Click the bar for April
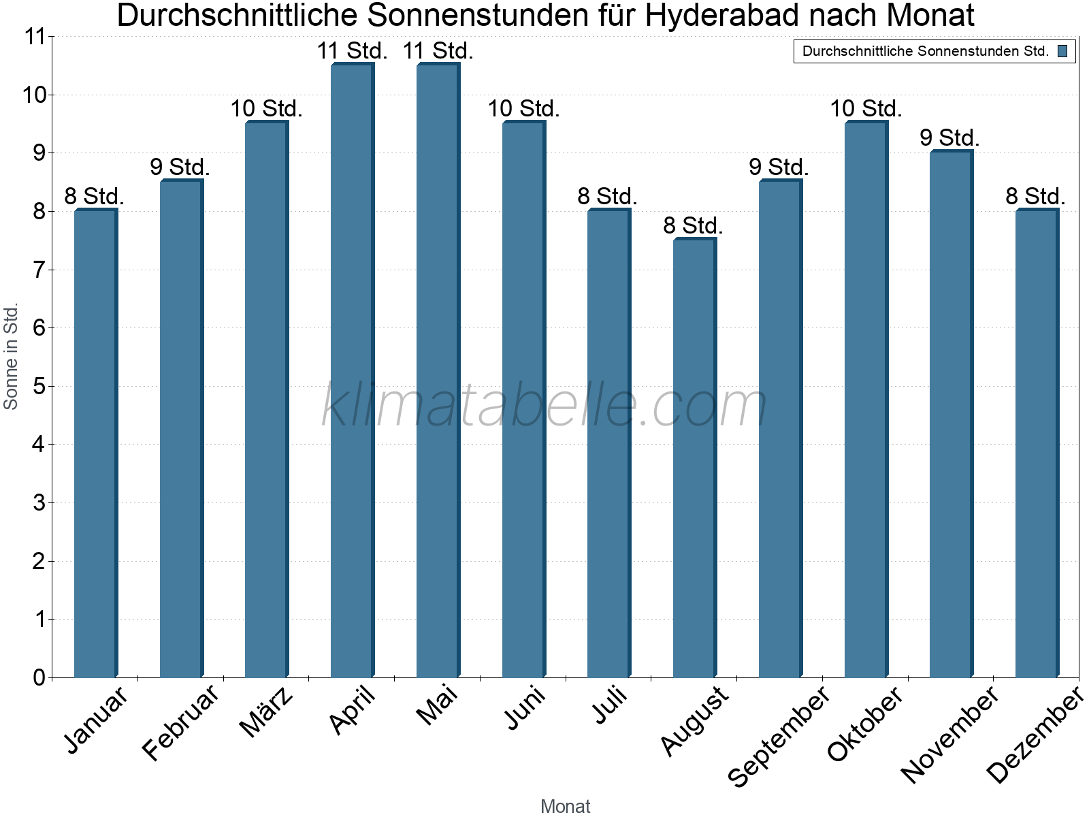point(352,371)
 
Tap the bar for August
point(694,458)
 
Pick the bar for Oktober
point(866,400)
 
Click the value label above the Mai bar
point(438,51)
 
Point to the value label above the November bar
point(949,138)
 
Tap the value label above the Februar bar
point(180,167)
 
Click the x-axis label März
point(267,711)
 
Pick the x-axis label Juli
point(610,705)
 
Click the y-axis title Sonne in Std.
point(11,356)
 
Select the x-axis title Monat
point(565,806)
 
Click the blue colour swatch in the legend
point(1062,51)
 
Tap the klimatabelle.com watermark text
point(544,405)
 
